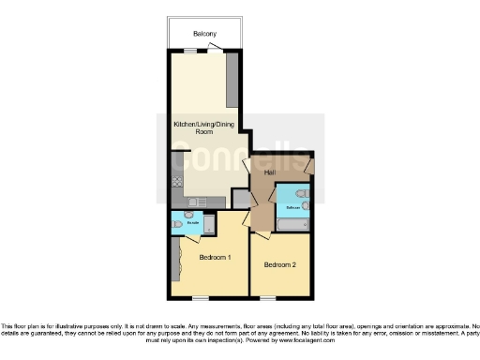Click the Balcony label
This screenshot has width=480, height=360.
204,35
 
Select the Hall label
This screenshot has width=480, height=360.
269,172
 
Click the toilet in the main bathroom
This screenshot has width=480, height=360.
299,195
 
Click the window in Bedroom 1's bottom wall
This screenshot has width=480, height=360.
200,298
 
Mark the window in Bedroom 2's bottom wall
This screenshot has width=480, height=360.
280,298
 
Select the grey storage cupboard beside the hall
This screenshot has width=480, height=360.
241,199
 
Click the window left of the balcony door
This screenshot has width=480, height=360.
189,51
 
